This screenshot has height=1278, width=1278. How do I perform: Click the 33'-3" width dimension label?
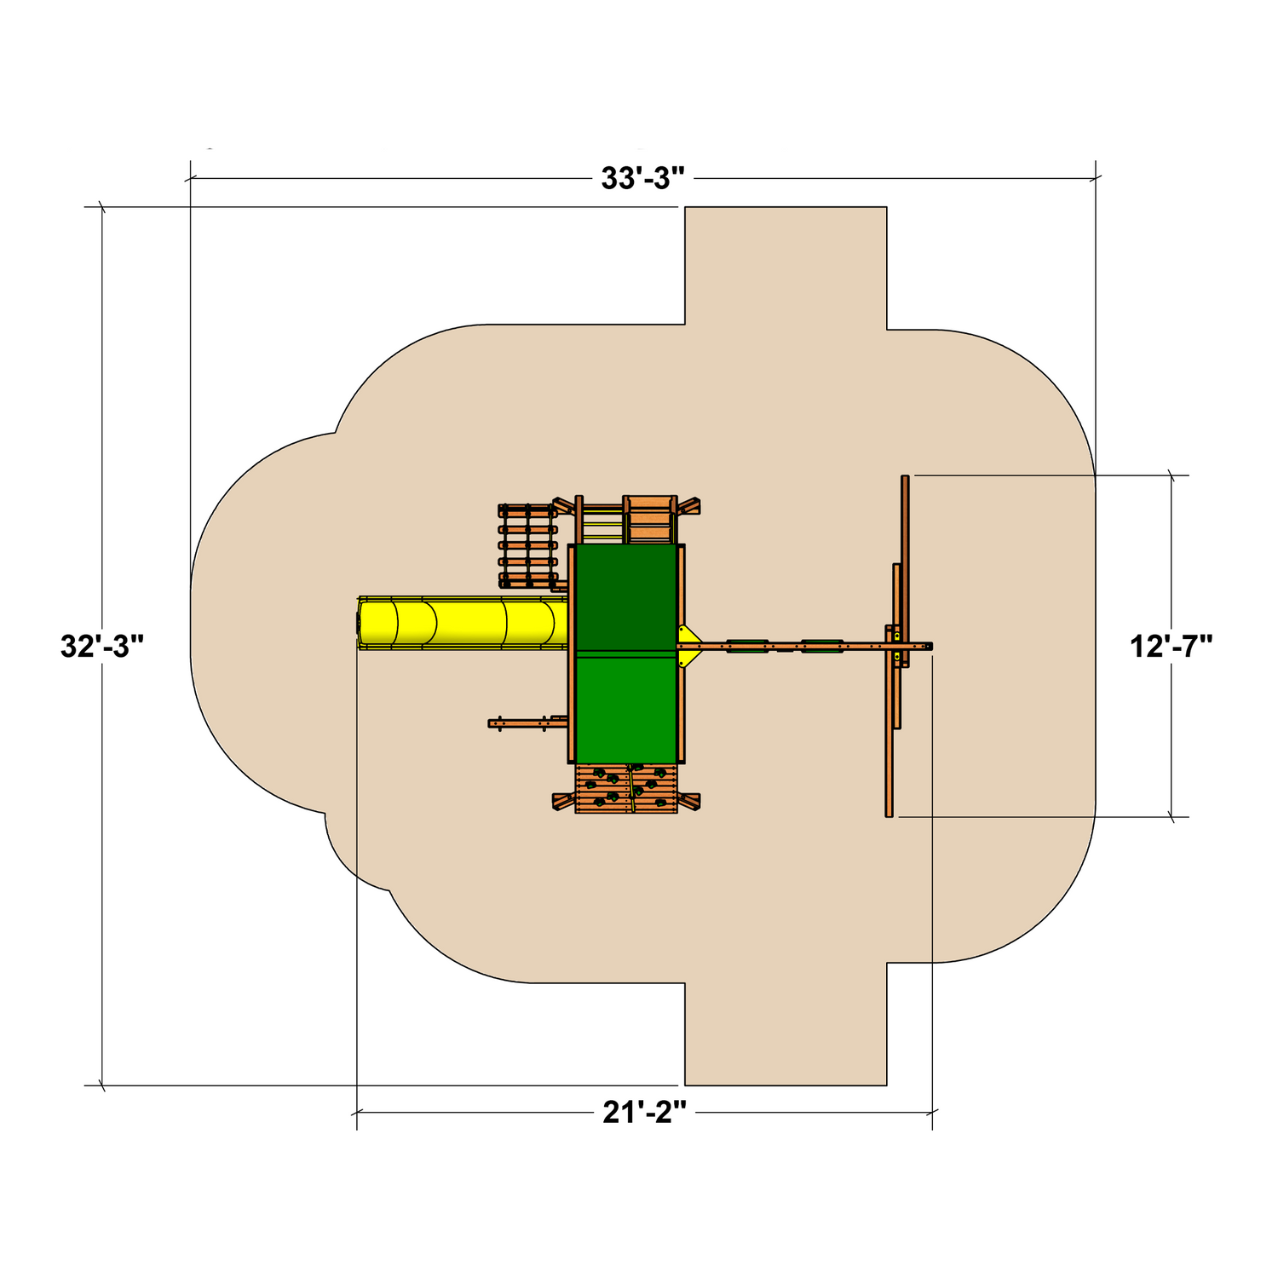coord(642,179)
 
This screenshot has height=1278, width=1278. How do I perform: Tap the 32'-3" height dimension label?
coord(102,646)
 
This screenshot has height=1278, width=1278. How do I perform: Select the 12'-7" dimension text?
coord(1171,647)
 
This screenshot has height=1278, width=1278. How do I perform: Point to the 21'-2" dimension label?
coord(644,1112)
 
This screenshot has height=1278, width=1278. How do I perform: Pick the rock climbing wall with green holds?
coord(626,789)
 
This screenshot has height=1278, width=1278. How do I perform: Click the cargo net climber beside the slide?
coord(527,546)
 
